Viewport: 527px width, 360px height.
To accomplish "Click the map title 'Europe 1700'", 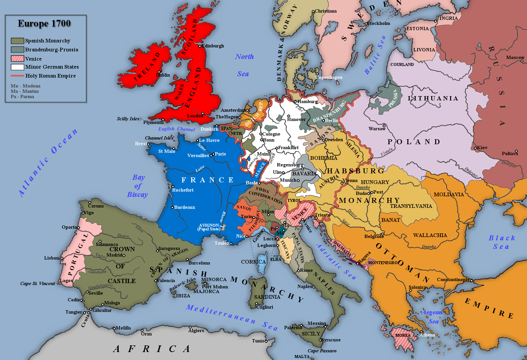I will pyautogui.click(x=44, y=24).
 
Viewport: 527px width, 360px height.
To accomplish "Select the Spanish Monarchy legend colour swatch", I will pyautogui.click(x=17, y=41).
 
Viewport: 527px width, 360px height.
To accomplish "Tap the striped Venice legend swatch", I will pyautogui.click(x=17, y=59).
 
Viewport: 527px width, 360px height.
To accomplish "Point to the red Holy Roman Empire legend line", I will pyautogui.click(x=17, y=76).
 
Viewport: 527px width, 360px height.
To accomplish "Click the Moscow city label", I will pyautogui.click(x=515, y=57).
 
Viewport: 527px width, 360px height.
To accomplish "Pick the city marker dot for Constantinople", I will pyautogui.click(x=471, y=280).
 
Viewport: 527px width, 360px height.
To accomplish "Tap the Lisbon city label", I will pyautogui.click(x=51, y=258).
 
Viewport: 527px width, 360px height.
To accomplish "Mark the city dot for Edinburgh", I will pyautogui.click(x=200, y=46).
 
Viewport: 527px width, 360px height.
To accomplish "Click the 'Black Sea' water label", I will pyautogui.click(x=501, y=242).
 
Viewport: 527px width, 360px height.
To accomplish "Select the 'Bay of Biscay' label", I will pyautogui.click(x=138, y=186).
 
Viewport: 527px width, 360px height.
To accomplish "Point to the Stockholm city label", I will pyautogui.click(x=379, y=23).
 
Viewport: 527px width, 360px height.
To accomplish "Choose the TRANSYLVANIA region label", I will pyautogui.click(x=411, y=206).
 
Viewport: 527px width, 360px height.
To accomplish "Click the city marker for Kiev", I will pyautogui.click(x=475, y=148).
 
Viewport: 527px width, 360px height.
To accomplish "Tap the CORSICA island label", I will pyautogui.click(x=253, y=262).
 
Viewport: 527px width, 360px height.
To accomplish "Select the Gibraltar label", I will pyautogui.click(x=102, y=310).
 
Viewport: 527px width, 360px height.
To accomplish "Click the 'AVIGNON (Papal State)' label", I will pyautogui.click(x=209, y=227).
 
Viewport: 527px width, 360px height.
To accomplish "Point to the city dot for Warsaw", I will pyautogui.click(x=384, y=126).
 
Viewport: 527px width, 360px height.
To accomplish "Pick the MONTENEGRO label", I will pyautogui.click(x=383, y=263).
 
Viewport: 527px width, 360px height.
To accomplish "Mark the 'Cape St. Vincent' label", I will pyautogui.click(x=37, y=283).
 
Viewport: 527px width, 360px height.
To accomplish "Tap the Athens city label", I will pyautogui.click(x=427, y=335).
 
